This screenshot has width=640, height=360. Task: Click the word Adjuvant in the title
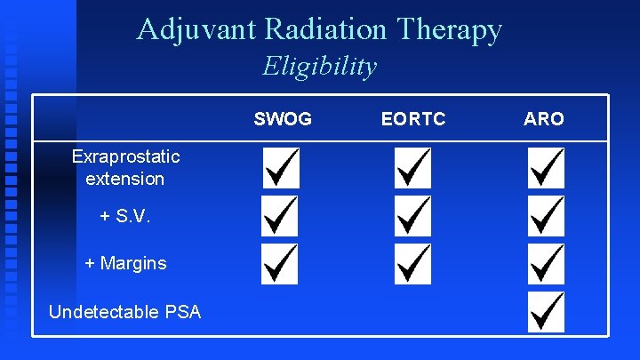(x=196, y=30)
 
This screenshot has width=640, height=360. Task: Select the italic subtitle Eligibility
(x=320, y=67)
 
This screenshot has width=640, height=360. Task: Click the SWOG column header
(x=283, y=118)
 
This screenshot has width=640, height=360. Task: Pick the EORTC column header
(x=412, y=118)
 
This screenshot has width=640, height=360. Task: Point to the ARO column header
(x=544, y=118)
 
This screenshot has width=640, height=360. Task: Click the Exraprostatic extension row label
(x=125, y=167)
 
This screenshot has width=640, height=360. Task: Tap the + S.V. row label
(x=124, y=216)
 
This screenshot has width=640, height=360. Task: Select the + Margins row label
(x=125, y=263)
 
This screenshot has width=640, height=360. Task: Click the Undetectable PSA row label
(x=125, y=311)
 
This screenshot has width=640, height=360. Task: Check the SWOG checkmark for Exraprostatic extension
(x=280, y=167)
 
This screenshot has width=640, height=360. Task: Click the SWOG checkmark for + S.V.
(x=280, y=216)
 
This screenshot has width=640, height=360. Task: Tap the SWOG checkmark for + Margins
(x=280, y=264)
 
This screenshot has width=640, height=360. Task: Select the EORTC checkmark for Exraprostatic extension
(x=412, y=167)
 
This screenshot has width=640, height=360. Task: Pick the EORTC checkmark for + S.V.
(x=412, y=216)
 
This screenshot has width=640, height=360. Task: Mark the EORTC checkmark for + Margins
(x=412, y=264)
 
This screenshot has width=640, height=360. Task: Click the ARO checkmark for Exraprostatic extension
(x=545, y=167)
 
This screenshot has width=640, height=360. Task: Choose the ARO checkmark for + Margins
(x=545, y=264)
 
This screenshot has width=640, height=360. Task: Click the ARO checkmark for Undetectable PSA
(x=545, y=312)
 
